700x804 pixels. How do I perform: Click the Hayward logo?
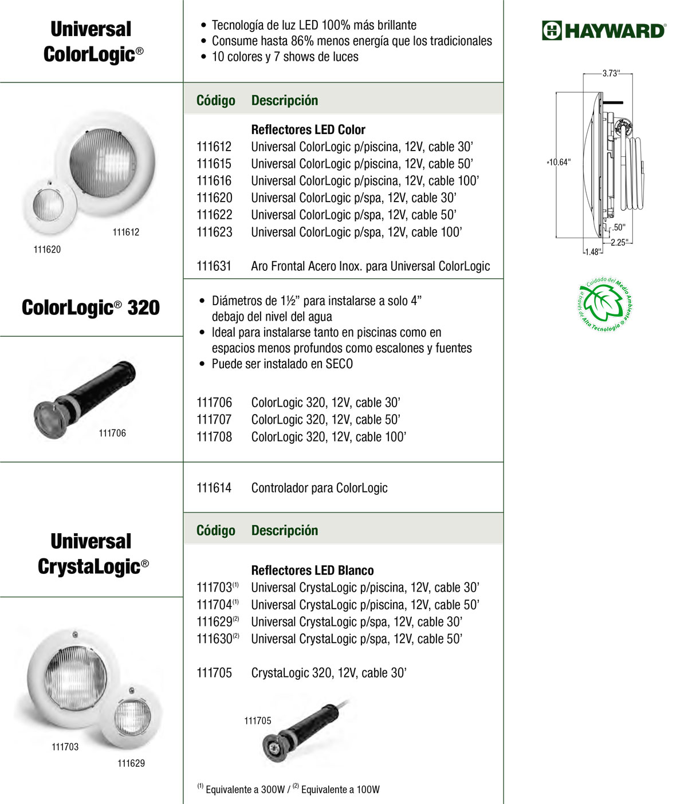[x=604, y=30]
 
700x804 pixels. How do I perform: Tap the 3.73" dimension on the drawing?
[x=610, y=73]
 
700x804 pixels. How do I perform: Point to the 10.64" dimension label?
[x=559, y=162]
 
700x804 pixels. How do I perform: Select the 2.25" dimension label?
[x=619, y=242]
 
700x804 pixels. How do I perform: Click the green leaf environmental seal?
[x=605, y=304]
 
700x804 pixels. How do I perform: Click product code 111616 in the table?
[x=214, y=181]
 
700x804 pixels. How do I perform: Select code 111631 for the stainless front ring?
[x=214, y=266]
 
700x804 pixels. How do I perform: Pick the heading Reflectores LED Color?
[x=308, y=129]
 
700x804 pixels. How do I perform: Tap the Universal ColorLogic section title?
[x=92, y=41]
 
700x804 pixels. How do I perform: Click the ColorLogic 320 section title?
[x=91, y=308]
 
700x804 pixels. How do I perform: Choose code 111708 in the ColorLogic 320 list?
[x=214, y=437]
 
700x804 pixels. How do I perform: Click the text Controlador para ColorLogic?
[x=319, y=488]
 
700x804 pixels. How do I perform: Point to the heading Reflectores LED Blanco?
[x=312, y=570]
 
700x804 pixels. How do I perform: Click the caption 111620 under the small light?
[x=47, y=249]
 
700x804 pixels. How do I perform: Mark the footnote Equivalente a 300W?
[x=245, y=790]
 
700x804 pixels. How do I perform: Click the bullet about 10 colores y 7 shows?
[x=285, y=57]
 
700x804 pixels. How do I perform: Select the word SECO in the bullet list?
[x=339, y=364]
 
